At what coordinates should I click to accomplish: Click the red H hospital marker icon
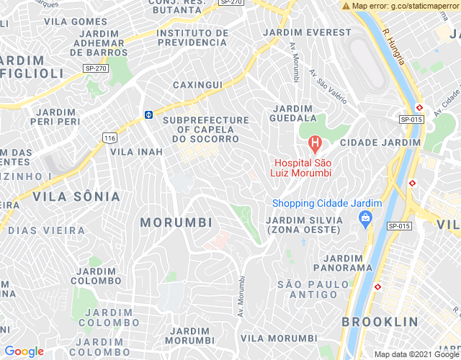[x=314, y=143]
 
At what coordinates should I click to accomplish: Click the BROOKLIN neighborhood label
[x=380, y=321]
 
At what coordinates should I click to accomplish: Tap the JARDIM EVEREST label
[x=308, y=33]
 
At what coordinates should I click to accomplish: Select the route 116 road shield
[x=109, y=138]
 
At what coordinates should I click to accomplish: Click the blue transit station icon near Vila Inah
[x=148, y=114]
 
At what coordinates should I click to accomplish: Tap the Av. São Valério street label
[x=328, y=84]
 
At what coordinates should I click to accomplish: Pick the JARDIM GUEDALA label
[x=293, y=112]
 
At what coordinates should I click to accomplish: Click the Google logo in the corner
[x=24, y=351]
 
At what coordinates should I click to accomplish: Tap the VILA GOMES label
[x=75, y=22]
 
